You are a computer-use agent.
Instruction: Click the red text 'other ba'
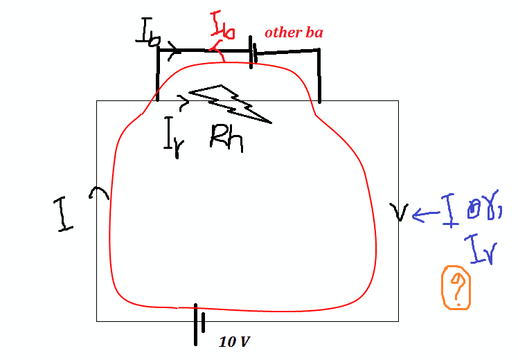point(293,33)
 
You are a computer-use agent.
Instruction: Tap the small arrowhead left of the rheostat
point(184,104)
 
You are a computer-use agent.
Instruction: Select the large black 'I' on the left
point(65,215)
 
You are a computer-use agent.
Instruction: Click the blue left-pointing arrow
point(425,215)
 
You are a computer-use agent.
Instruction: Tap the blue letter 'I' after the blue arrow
point(450,210)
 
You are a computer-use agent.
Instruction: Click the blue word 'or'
point(482,208)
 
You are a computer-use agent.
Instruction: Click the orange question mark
point(456,287)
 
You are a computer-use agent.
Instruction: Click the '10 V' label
point(234,341)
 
